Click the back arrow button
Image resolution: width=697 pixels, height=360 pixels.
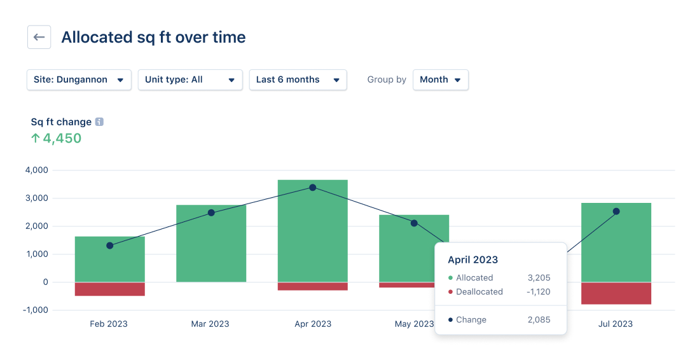click(39, 38)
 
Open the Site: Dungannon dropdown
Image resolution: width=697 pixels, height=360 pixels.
click(79, 80)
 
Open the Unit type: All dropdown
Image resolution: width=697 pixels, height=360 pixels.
click(190, 80)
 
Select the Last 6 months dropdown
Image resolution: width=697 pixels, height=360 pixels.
click(298, 80)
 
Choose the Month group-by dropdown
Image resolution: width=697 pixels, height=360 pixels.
click(440, 80)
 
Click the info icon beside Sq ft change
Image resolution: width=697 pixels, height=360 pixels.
click(99, 121)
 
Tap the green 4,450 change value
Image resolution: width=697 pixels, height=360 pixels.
click(62, 138)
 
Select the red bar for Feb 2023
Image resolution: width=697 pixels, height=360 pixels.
click(109, 289)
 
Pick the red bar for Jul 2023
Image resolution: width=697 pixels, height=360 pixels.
click(616, 293)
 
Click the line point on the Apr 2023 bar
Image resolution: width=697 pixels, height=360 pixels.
click(312, 188)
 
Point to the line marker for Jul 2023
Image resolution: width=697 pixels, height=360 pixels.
click(616, 211)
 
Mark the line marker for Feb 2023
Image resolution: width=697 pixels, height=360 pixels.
click(109, 246)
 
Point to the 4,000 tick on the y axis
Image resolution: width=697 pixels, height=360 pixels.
click(36, 170)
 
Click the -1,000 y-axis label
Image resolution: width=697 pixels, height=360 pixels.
click(35, 310)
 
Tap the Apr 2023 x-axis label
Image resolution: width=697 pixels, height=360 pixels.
click(312, 324)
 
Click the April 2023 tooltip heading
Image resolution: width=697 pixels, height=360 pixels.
click(473, 260)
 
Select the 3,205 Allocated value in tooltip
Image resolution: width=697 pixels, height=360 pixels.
click(539, 278)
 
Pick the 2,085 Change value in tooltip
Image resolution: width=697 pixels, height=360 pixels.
click(539, 320)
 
